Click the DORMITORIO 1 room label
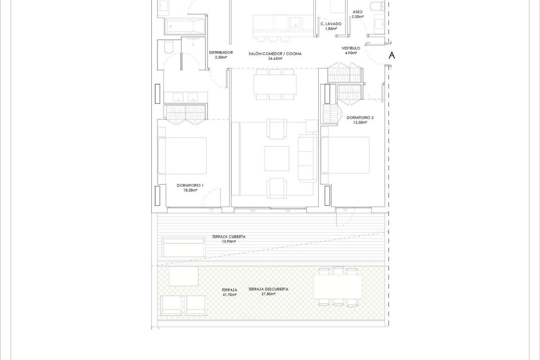tap(190, 185)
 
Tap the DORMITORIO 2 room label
tap(360, 117)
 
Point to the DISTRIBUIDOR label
tap(221, 53)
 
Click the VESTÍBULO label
tap(351, 48)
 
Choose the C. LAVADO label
tap(331, 23)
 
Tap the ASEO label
tap(358, 12)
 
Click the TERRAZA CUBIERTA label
tap(229, 237)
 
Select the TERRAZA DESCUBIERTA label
tap(268, 289)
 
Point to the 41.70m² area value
tap(229, 295)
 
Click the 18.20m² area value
tap(190, 190)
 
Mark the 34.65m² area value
tap(275, 58)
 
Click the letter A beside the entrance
tap(392, 55)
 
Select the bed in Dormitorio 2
tap(346, 155)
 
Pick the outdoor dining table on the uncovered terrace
tap(338, 286)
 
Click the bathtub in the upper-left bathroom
tap(184, 27)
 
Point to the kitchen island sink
tap(295, 22)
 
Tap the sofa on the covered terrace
tap(183, 247)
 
